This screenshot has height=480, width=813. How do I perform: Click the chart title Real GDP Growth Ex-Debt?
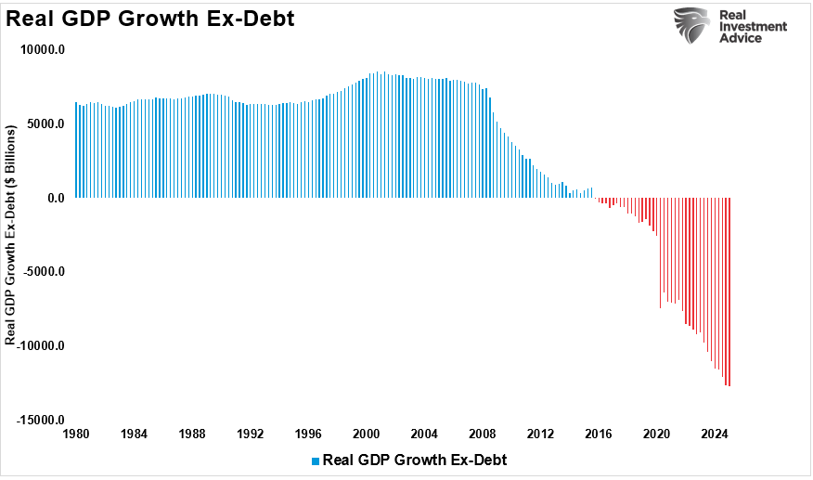tap(150, 19)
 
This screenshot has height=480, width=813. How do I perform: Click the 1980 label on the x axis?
tap(75, 434)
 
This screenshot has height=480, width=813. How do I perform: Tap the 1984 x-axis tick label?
tap(134, 434)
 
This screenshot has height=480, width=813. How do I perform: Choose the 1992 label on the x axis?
tap(250, 434)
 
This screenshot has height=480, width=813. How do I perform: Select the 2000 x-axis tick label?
tap(366, 434)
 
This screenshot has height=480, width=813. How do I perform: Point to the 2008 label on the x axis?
tap(483, 434)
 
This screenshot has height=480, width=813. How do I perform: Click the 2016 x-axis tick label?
tap(599, 434)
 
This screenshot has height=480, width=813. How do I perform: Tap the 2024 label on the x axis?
tap(715, 434)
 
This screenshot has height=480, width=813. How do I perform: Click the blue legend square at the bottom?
tap(316, 461)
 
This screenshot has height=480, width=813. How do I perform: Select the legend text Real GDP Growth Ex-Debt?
tap(414, 460)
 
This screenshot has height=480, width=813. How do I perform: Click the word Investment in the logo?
tap(753, 27)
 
